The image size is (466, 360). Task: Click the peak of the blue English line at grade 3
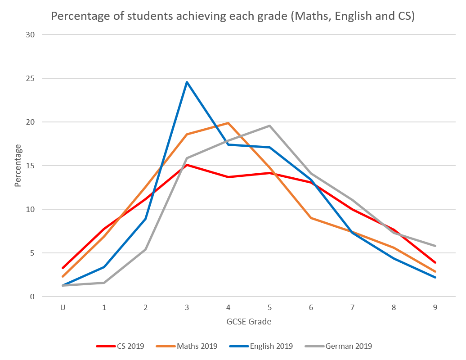pyautogui.click(x=187, y=82)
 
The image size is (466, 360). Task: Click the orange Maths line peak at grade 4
pyautogui.click(x=229, y=123)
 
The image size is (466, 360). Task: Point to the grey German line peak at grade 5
pyautogui.click(x=269, y=126)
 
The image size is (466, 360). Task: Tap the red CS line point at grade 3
pyautogui.click(x=187, y=165)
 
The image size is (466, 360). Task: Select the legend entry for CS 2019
pyautogui.click(x=120, y=346)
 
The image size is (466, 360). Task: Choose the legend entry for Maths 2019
pyautogui.click(x=187, y=346)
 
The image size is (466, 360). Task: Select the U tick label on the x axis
pyautogui.click(x=63, y=308)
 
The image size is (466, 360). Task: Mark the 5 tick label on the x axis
pyautogui.click(x=269, y=308)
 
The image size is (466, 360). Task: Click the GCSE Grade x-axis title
pyautogui.click(x=249, y=322)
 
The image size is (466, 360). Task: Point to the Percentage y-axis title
pyautogui.click(x=18, y=166)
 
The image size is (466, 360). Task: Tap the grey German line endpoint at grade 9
pyautogui.click(x=435, y=246)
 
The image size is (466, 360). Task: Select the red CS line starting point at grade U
pyautogui.click(x=63, y=268)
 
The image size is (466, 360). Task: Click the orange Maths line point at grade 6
pyautogui.click(x=311, y=218)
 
